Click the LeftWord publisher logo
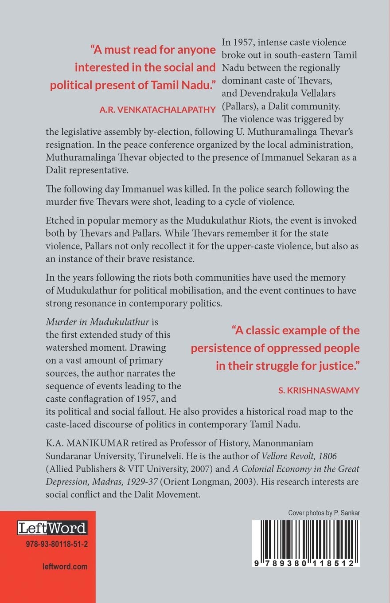tap(52, 528)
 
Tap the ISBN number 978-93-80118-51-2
tap(52, 544)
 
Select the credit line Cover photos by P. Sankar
tap(324, 513)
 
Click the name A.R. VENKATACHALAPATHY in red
tap(158, 110)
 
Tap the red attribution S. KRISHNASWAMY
tap(319, 390)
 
